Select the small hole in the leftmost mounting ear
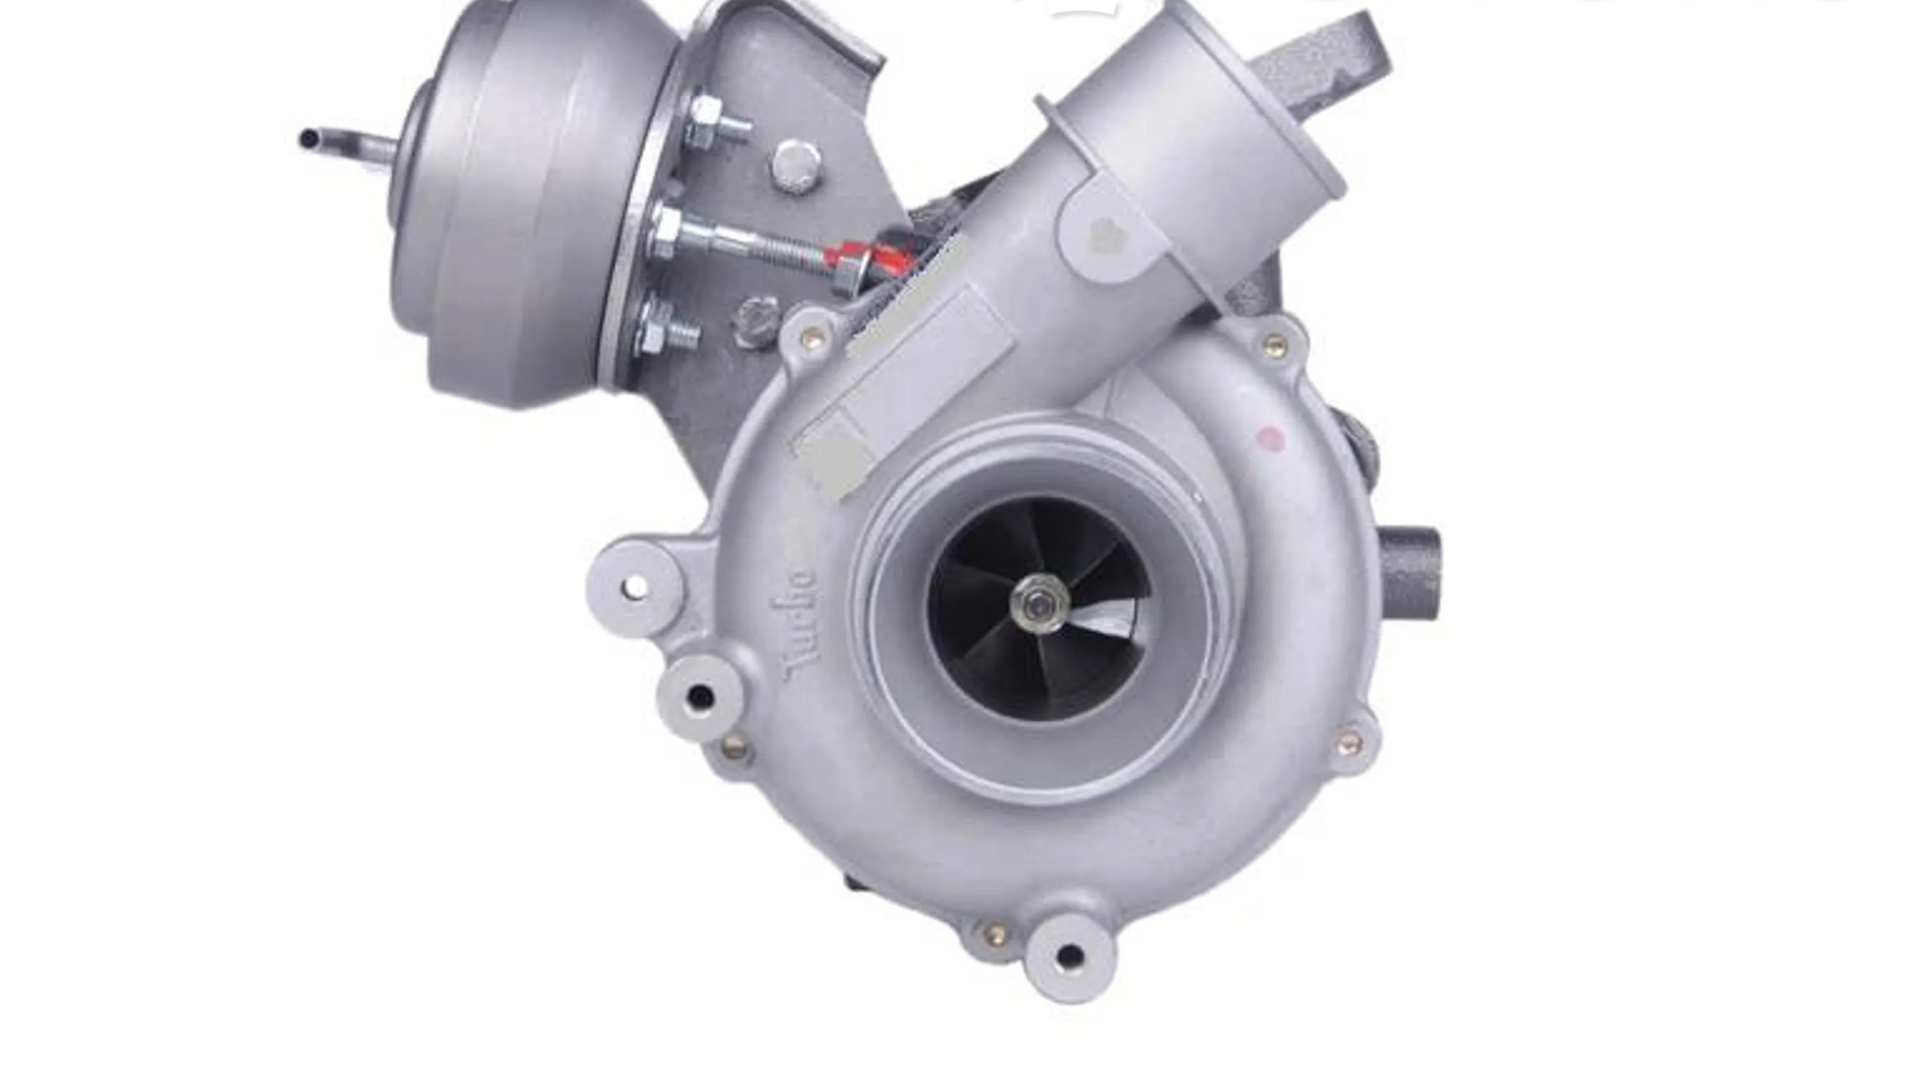635,586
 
